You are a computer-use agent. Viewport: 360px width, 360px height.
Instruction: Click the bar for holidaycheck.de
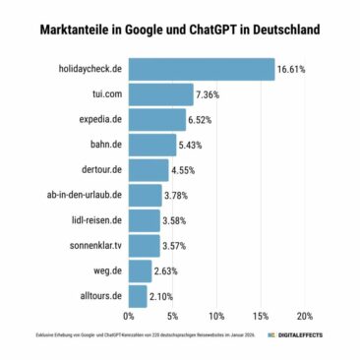click(x=202, y=70)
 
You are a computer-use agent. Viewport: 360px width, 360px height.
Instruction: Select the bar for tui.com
click(x=160, y=95)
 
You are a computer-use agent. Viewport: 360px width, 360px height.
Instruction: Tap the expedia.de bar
click(x=157, y=120)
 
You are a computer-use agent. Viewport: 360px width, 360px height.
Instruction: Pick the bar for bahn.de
click(x=152, y=145)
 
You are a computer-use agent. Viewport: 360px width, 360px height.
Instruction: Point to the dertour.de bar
click(x=149, y=170)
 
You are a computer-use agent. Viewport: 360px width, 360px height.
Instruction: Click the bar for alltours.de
click(x=138, y=295)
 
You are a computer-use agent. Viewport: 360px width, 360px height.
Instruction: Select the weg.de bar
click(x=140, y=270)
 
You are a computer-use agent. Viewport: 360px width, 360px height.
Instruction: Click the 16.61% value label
click(x=291, y=71)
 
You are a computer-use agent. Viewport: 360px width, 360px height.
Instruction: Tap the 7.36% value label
click(x=210, y=95)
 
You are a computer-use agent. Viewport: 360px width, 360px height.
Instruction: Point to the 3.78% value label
click(x=178, y=196)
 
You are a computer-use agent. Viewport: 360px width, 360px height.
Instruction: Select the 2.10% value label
click(x=163, y=295)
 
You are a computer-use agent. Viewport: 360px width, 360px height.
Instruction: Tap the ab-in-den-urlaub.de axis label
click(x=84, y=196)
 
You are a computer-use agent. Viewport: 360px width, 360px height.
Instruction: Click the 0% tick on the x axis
click(x=129, y=317)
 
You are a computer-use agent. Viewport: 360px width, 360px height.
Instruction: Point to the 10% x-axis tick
click(x=216, y=317)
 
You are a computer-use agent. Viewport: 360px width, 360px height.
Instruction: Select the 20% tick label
click(x=304, y=317)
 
